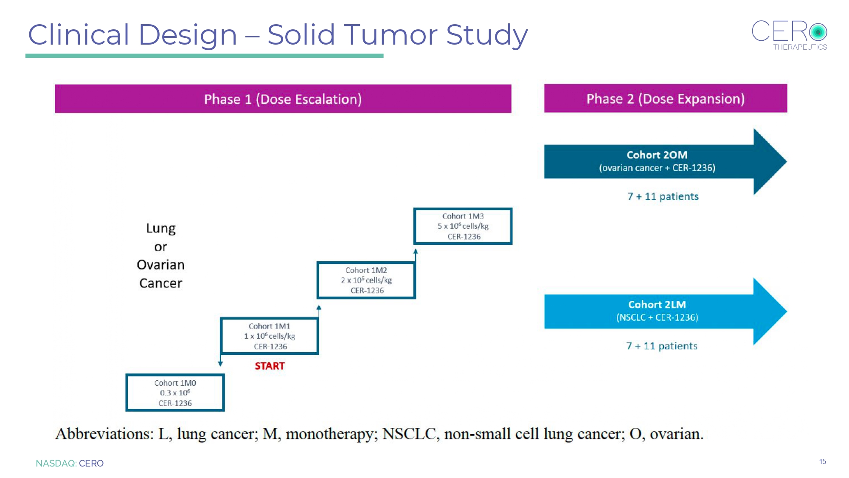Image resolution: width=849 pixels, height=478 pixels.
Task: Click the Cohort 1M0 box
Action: click(x=175, y=393)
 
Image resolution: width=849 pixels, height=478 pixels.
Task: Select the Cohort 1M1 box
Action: click(x=270, y=336)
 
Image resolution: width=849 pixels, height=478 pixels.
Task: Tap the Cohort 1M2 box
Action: click(x=366, y=280)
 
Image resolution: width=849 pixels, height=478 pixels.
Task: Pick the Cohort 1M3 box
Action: click(x=463, y=226)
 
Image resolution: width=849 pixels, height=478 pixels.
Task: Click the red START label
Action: click(x=270, y=366)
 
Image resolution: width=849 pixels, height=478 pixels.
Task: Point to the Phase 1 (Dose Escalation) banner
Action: click(x=283, y=99)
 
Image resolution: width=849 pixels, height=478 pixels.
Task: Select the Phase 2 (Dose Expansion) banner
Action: click(x=666, y=98)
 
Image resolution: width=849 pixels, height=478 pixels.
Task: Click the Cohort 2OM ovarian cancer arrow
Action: click(x=666, y=161)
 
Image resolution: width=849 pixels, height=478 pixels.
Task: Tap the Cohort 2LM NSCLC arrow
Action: click(x=666, y=311)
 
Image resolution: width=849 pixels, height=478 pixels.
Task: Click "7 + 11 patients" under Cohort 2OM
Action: click(x=663, y=196)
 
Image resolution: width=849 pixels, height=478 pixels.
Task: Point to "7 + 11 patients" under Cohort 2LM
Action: click(x=662, y=346)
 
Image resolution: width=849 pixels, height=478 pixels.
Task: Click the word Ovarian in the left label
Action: click(x=161, y=265)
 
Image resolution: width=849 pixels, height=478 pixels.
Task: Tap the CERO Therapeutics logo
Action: click(x=790, y=35)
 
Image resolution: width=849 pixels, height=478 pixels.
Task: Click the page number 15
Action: click(x=823, y=461)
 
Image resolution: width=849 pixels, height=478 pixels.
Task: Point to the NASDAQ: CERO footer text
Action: click(x=70, y=463)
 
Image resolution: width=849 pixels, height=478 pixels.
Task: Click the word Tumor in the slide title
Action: click(x=390, y=34)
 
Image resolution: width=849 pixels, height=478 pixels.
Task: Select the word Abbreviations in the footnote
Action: click(x=104, y=434)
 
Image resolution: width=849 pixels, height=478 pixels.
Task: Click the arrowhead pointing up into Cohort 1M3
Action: click(x=416, y=252)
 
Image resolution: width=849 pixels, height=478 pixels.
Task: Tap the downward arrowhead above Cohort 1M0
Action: click(x=220, y=363)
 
